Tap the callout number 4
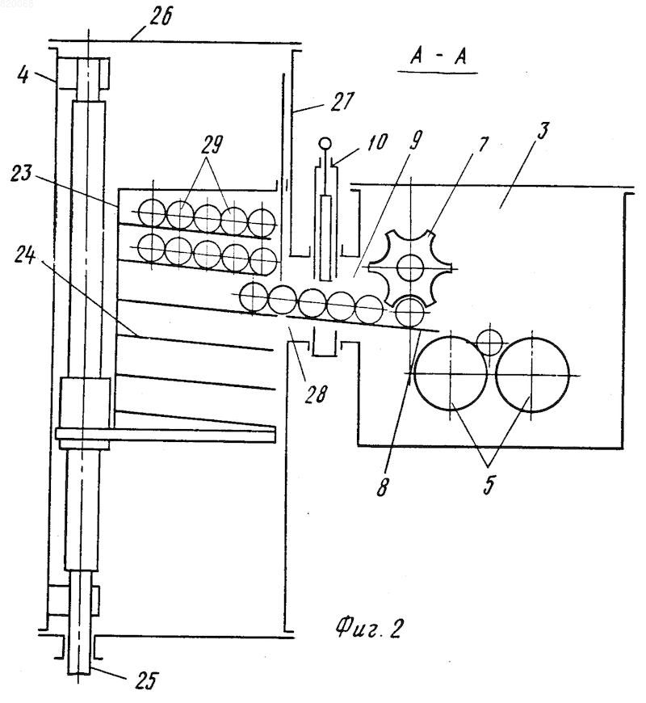coord(23,75)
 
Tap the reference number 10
coord(377,142)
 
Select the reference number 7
coord(483,145)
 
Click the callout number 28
coord(317,394)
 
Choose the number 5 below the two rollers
coord(489,484)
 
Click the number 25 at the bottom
coord(146,680)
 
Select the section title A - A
coord(438,57)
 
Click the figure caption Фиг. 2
coord(368,627)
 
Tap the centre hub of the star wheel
coord(410,268)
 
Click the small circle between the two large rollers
coord(489,343)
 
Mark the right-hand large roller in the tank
coord(533,374)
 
